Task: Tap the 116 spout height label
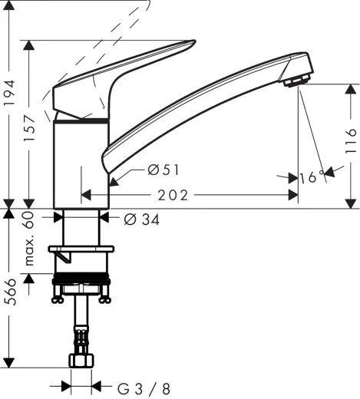(351, 142)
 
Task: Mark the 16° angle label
(309, 178)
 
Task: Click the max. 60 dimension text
(31, 239)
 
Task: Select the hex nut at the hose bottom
(81, 360)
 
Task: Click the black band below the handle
(81, 120)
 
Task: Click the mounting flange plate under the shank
(81, 249)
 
